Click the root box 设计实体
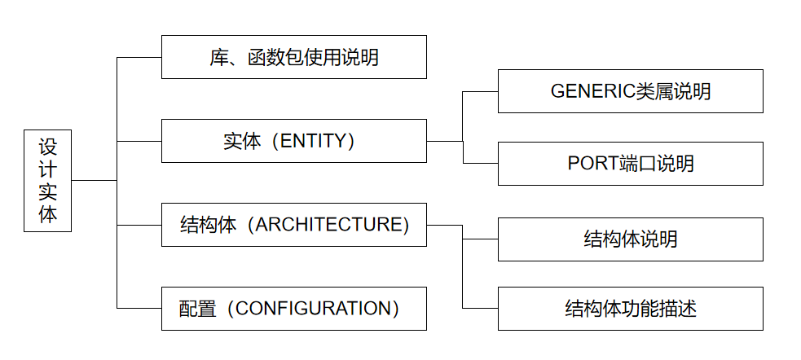[47, 180]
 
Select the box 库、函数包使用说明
[293, 57]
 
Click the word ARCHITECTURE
[332, 225]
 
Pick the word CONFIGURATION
[314, 309]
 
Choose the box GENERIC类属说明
[630, 91]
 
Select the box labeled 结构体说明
[630, 239]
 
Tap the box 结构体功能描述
[630, 309]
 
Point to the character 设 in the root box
[47, 147]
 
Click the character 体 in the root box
[47, 213]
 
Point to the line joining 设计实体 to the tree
[94, 180]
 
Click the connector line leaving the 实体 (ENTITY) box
[444, 141]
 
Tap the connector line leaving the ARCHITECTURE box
[444, 225]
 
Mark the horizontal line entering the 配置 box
[139, 308]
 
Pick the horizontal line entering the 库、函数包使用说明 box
[139, 57]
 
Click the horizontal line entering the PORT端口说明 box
[480, 164]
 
